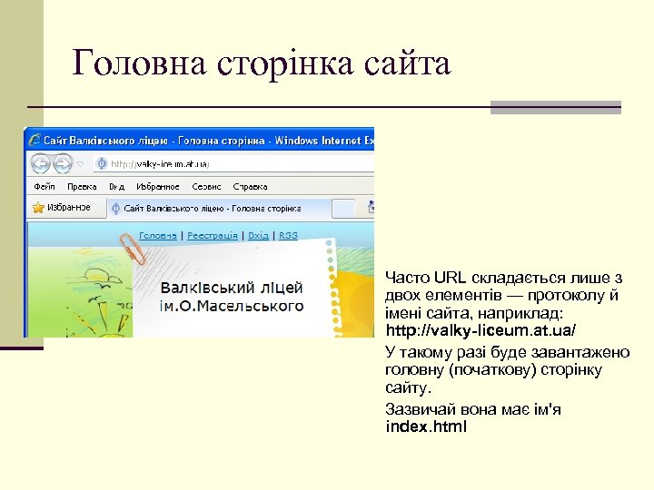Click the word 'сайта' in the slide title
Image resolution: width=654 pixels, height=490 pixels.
coord(407,64)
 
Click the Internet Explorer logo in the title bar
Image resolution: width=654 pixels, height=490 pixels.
coord(35,140)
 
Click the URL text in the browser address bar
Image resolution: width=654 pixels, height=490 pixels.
coord(160,164)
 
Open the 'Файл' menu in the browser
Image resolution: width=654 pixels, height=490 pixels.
coord(45,186)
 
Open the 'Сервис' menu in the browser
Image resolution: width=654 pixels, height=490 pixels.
coord(205,186)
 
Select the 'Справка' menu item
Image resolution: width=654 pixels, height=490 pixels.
coord(250,186)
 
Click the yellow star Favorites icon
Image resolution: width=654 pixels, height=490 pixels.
coord(38,207)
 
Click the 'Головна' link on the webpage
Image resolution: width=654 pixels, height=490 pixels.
coord(158,235)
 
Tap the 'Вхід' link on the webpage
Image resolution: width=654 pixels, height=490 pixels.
coord(258,235)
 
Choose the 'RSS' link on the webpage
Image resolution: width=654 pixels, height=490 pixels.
coord(288,235)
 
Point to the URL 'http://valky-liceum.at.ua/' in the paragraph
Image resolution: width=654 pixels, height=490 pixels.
coord(481,328)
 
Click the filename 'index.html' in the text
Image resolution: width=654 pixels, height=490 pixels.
coord(426,426)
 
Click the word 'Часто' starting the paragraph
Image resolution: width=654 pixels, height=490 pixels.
coord(407,277)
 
